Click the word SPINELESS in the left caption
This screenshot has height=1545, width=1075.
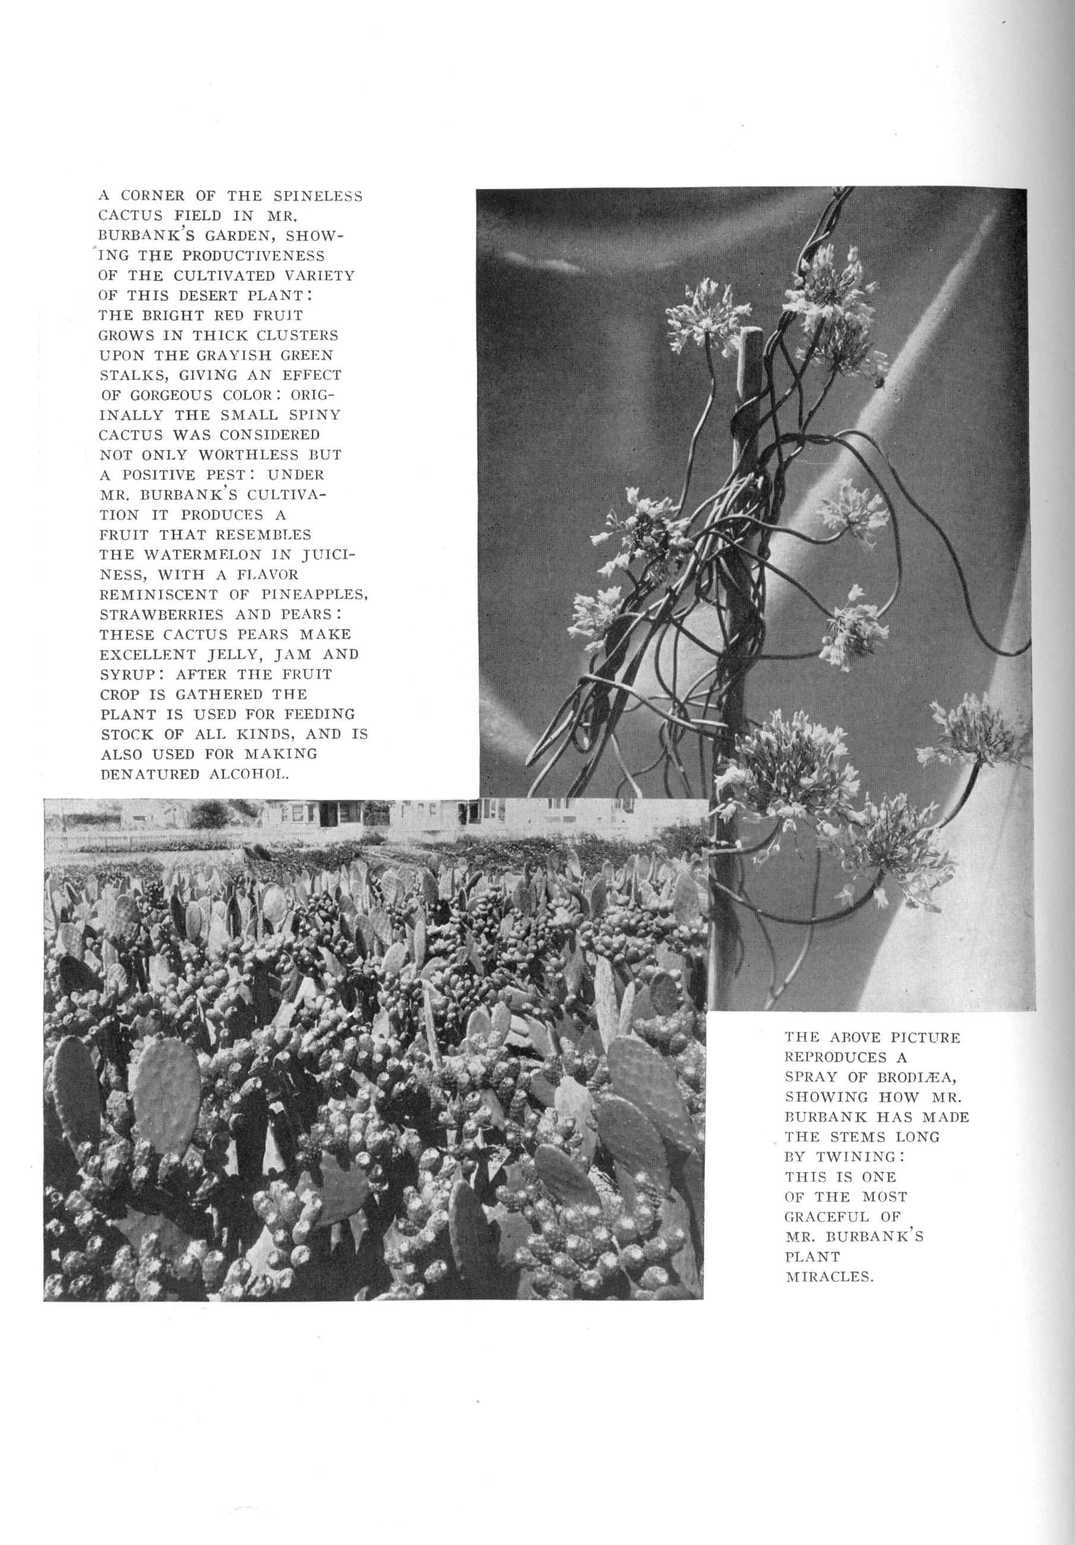[318, 197]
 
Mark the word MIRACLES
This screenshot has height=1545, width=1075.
[829, 1277]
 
